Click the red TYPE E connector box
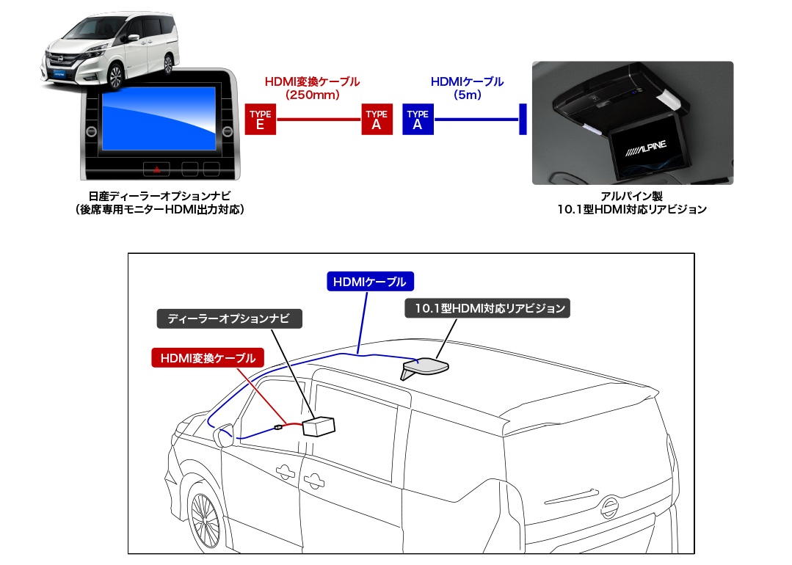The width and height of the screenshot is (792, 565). tap(260, 119)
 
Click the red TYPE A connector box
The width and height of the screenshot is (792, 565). tap(377, 119)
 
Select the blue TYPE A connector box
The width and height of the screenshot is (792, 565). tap(418, 119)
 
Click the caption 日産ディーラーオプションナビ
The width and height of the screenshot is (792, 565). tap(158, 196)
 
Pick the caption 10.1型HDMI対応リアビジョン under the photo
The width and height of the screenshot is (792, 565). tap(631, 210)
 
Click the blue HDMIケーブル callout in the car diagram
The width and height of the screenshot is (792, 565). tap(369, 281)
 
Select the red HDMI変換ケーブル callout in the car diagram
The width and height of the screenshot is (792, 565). tap(207, 358)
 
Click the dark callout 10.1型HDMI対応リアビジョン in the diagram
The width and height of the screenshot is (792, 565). tap(487, 308)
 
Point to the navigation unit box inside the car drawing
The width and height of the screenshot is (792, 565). tap(317, 426)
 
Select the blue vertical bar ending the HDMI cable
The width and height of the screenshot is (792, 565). tap(523, 119)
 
